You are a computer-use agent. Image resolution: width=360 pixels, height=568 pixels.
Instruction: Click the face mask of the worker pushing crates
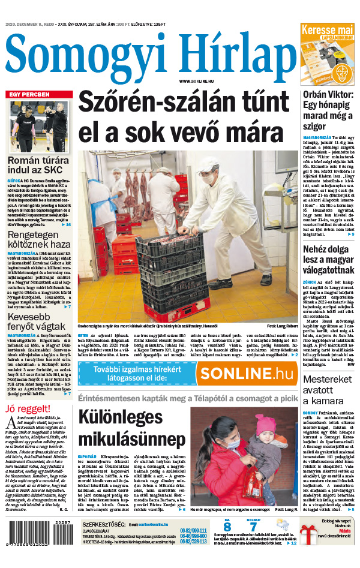208,178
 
